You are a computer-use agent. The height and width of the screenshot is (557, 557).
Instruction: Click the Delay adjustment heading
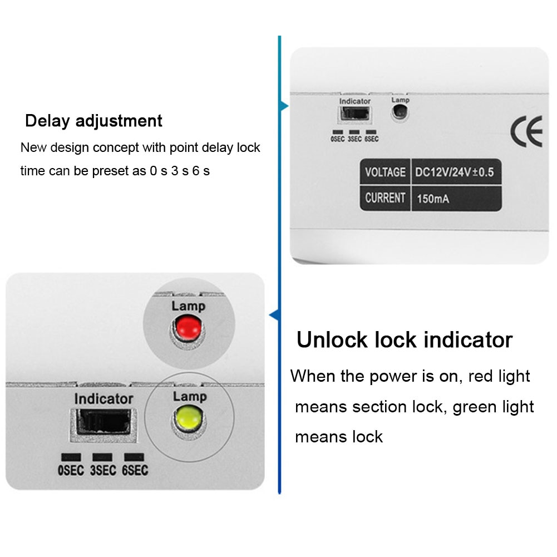pyautogui.click(x=93, y=121)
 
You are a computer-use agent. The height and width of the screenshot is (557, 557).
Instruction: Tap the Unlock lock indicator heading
pyautogui.click(x=404, y=339)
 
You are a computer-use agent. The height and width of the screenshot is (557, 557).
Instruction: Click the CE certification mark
pyautogui.click(x=526, y=131)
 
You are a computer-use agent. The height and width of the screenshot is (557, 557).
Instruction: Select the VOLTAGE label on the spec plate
pyautogui.click(x=385, y=172)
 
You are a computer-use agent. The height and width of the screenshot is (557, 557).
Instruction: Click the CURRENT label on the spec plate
pyautogui.click(x=385, y=198)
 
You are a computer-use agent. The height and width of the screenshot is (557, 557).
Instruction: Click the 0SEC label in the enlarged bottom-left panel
pyautogui.click(x=71, y=471)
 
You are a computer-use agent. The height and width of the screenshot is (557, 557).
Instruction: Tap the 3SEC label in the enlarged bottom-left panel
pyautogui.click(x=103, y=471)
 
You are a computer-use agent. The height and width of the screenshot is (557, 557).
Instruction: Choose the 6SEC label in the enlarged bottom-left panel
pyautogui.click(x=135, y=471)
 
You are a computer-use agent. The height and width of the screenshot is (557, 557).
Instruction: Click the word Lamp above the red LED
pyautogui.click(x=188, y=305)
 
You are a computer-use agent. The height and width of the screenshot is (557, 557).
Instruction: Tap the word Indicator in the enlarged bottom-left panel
pyautogui.click(x=103, y=399)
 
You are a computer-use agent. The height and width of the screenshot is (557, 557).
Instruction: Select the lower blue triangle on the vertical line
pyautogui.click(x=274, y=316)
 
